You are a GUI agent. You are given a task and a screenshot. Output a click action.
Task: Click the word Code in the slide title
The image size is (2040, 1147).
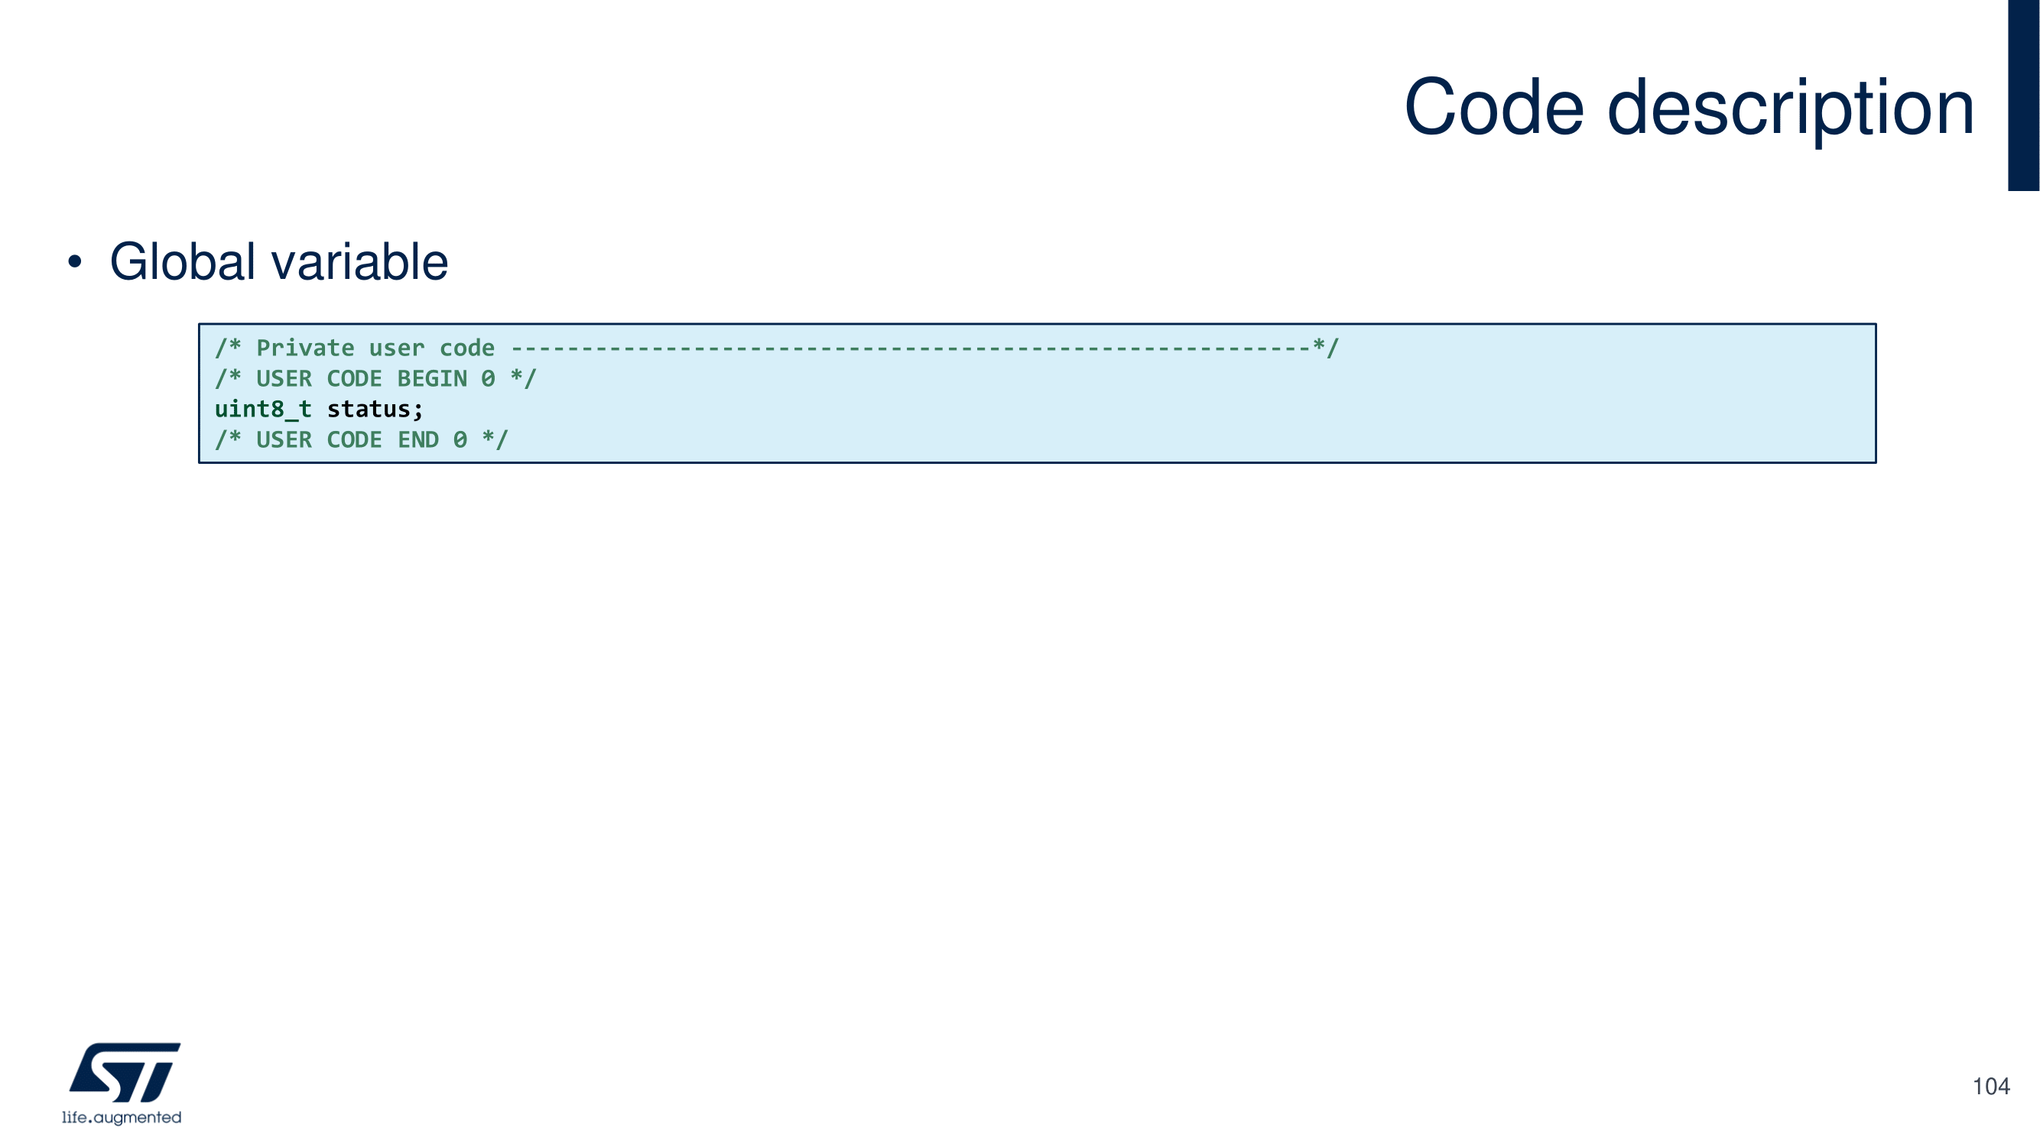click(1493, 108)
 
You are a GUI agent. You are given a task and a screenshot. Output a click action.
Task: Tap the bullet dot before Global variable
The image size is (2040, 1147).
click(74, 262)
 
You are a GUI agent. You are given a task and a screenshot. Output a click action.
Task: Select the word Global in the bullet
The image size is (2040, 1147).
click(182, 262)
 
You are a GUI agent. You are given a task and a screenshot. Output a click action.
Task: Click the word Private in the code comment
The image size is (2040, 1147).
click(305, 348)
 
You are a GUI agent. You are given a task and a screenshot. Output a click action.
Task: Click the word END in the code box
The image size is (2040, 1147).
click(418, 440)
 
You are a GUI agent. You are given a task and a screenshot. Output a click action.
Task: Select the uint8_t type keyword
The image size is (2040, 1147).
click(263, 410)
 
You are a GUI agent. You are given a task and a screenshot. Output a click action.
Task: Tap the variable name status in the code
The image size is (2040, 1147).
click(369, 410)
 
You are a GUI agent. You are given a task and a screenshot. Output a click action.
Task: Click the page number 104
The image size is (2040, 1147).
click(1990, 1087)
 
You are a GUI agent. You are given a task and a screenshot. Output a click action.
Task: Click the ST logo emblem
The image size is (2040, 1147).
click(125, 1072)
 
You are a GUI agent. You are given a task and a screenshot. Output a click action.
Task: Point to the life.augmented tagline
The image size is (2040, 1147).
click(122, 1118)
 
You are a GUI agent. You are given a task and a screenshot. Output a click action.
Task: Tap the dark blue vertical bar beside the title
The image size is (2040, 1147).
click(2023, 95)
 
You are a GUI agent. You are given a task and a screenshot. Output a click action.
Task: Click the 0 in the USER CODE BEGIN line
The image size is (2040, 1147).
click(488, 379)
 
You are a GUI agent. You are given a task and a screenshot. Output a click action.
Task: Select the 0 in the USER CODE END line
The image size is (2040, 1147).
click(460, 440)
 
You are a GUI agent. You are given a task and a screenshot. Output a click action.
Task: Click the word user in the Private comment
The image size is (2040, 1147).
click(397, 348)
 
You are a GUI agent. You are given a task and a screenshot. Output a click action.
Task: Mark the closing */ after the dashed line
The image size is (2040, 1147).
click(1326, 348)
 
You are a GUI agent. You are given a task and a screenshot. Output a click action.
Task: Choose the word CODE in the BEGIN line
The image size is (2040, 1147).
click(354, 379)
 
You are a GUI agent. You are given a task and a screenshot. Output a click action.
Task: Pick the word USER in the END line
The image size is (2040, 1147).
click(284, 440)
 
